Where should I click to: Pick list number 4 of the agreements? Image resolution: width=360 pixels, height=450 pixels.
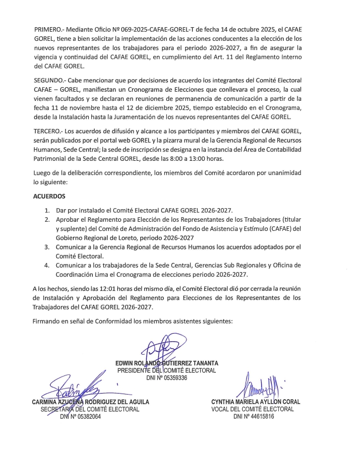point(46,265)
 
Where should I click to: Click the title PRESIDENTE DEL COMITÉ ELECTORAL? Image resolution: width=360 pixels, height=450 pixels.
point(167,370)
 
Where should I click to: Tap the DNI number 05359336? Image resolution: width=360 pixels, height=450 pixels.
point(167,378)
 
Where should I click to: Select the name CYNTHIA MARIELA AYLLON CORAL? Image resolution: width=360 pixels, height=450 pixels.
point(256,402)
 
